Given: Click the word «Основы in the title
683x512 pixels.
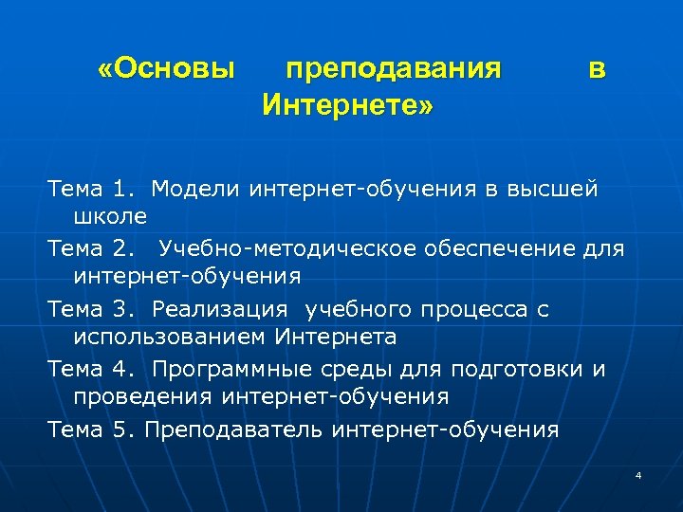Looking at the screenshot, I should pyautogui.click(x=166, y=70).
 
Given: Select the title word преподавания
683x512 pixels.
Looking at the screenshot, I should pyautogui.click(x=394, y=70).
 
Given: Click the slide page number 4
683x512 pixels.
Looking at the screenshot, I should pyautogui.click(x=638, y=475).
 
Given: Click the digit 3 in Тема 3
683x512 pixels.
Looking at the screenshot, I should pyautogui.click(x=119, y=309).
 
